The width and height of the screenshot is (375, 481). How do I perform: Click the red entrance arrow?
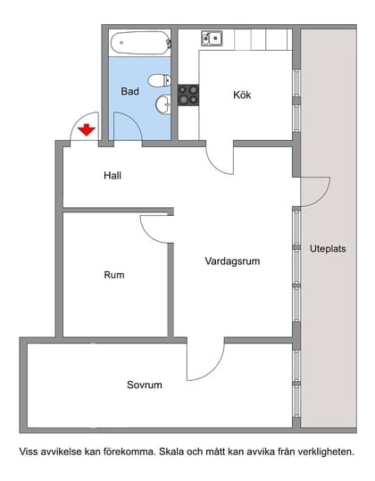point(86,131)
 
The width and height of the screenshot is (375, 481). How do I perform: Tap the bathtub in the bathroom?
point(138,42)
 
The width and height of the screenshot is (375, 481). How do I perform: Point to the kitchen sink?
point(212,38)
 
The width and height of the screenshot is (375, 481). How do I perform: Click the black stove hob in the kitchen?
point(188,95)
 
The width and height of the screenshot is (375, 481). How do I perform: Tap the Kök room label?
point(243,95)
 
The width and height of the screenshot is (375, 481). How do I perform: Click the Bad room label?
point(130,91)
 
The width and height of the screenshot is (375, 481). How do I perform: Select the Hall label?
point(112,175)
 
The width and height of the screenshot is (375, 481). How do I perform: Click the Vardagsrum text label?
point(232,261)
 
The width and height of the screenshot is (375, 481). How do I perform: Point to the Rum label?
point(114,275)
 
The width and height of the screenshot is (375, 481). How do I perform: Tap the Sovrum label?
point(144,385)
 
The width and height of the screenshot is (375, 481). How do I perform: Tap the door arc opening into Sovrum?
point(204,361)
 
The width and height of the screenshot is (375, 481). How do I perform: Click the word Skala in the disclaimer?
point(171,452)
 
